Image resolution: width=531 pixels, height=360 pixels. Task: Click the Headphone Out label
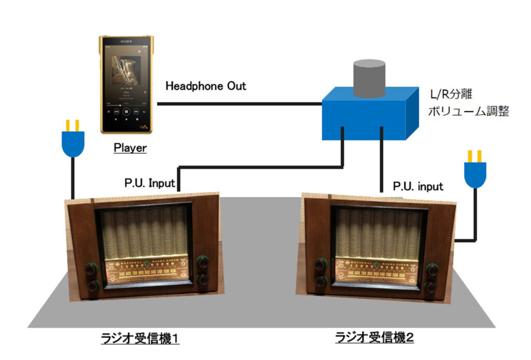(206, 86)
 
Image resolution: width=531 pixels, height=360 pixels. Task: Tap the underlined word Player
(130, 148)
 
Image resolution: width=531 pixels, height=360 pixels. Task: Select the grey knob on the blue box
(369, 78)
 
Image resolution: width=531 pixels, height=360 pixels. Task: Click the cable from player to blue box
(239, 104)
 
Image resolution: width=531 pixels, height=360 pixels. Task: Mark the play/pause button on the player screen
(127, 110)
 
